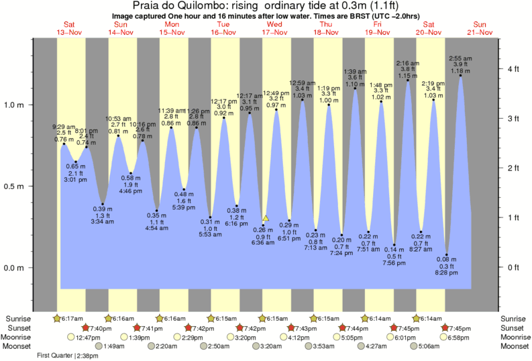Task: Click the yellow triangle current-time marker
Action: pyautogui.click(x=266, y=218)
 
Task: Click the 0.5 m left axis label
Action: pyautogui.click(x=14, y=187)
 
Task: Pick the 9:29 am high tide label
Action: pyautogui.click(x=64, y=126)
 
